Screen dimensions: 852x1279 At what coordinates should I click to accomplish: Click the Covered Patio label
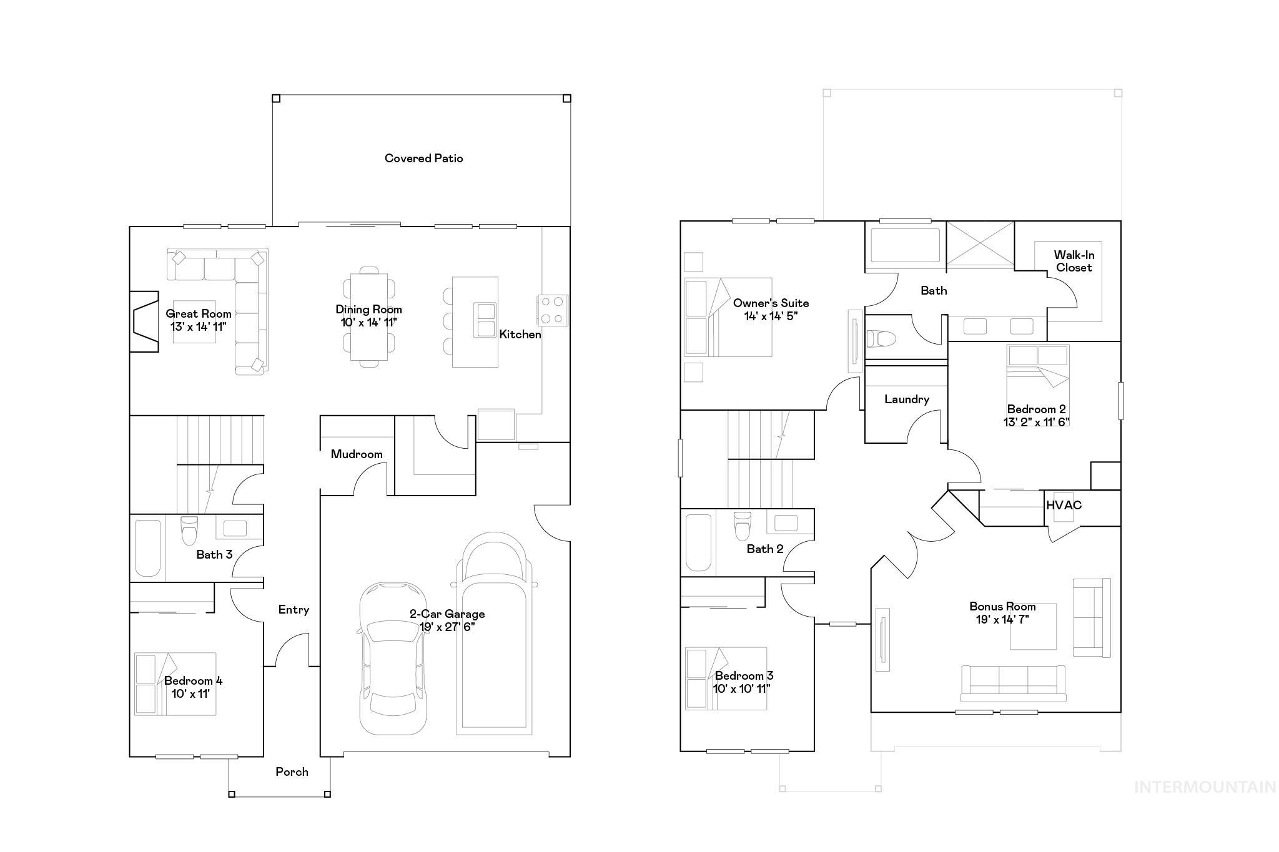[423, 159]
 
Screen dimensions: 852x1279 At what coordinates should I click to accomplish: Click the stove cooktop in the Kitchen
[553, 310]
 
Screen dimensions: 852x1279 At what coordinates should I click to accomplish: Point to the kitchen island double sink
[485, 320]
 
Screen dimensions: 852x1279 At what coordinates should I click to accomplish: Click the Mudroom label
[357, 454]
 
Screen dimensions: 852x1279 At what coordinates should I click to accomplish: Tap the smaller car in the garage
[393, 659]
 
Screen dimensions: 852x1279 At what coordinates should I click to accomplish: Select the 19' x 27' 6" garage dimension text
[447, 627]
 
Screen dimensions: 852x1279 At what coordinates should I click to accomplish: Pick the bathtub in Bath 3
[147, 548]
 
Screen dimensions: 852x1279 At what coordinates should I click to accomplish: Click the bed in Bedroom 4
[175, 684]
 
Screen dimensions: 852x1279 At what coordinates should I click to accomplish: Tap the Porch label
[292, 772]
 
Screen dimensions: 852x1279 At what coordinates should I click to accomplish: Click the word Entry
[294, 610]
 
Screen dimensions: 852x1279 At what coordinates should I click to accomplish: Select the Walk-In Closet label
[1074, 261]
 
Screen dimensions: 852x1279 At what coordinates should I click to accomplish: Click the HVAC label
[1064, 505]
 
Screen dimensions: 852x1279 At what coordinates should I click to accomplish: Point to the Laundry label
[906, 399]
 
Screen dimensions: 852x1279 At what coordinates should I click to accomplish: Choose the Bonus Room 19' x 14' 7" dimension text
[1002, 619]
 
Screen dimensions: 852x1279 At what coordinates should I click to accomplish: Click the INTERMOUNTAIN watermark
[1205, 787]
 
